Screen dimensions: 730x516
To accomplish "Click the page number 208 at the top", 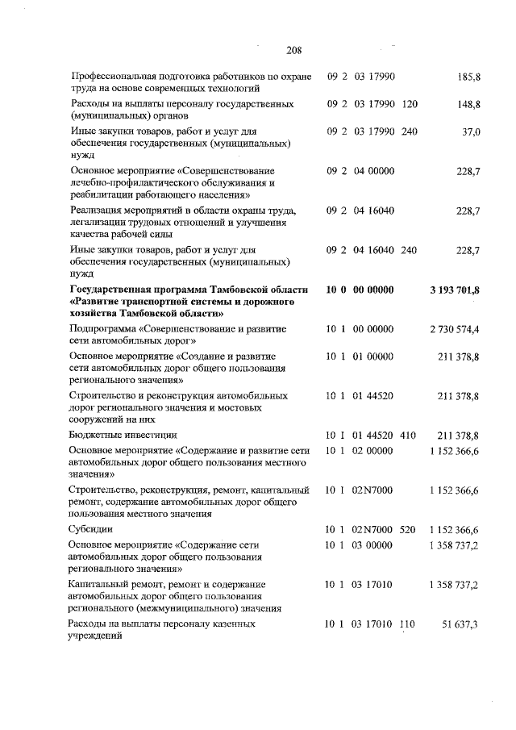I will point(293,51).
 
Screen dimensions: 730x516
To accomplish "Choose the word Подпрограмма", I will point(104,329).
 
